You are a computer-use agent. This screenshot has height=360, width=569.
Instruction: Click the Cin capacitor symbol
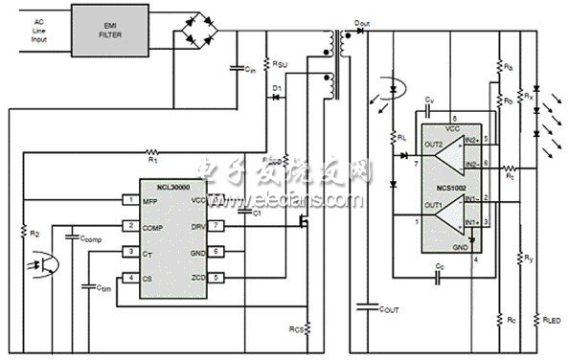point(237,70)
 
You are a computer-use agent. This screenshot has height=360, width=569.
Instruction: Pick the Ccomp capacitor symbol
point(71,236)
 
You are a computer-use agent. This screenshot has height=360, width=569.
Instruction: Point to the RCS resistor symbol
point(308,326)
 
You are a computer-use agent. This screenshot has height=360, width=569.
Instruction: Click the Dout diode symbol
point(359,30)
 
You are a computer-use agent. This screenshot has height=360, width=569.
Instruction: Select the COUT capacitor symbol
point(363,307)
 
